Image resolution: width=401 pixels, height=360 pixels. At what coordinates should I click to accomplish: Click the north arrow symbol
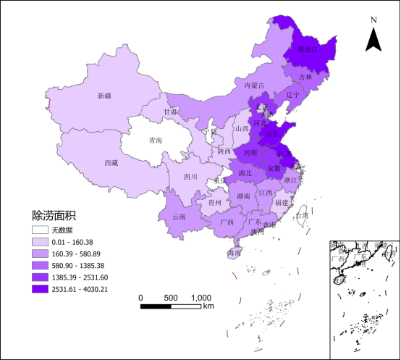(x=373, y=37)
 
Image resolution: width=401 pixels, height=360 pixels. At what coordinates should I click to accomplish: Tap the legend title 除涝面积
(x=54, y=215)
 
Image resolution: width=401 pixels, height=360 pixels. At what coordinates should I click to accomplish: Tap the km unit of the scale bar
(x=208, y=306)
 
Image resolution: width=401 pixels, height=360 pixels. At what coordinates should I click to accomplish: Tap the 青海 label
(x=155, y=140)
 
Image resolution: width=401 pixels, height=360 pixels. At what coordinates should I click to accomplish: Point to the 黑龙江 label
(x=309, y=50)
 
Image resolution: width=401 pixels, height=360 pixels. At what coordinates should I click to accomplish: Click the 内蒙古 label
(x=255, y=85)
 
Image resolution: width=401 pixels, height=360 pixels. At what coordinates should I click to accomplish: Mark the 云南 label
(x=179, y=217)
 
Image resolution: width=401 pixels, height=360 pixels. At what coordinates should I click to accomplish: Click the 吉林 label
(x=305, y=77)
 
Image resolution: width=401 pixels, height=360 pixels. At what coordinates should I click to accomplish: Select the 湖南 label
(x=243, y=196)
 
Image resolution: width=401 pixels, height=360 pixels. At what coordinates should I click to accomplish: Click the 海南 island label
(x=234, y=254)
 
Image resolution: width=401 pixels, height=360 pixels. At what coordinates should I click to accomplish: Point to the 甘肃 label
(x=170, y=112)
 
